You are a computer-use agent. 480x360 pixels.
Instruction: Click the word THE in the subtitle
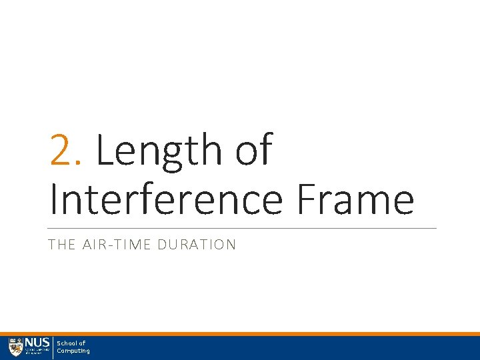click(61, 245)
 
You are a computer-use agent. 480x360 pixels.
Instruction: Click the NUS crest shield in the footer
click(15, 347)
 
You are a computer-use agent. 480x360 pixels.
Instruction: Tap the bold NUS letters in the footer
click(37, 343)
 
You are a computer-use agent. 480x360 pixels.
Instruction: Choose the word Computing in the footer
click(73, 351)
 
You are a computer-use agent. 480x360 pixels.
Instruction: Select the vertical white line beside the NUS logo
click(53, 347)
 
